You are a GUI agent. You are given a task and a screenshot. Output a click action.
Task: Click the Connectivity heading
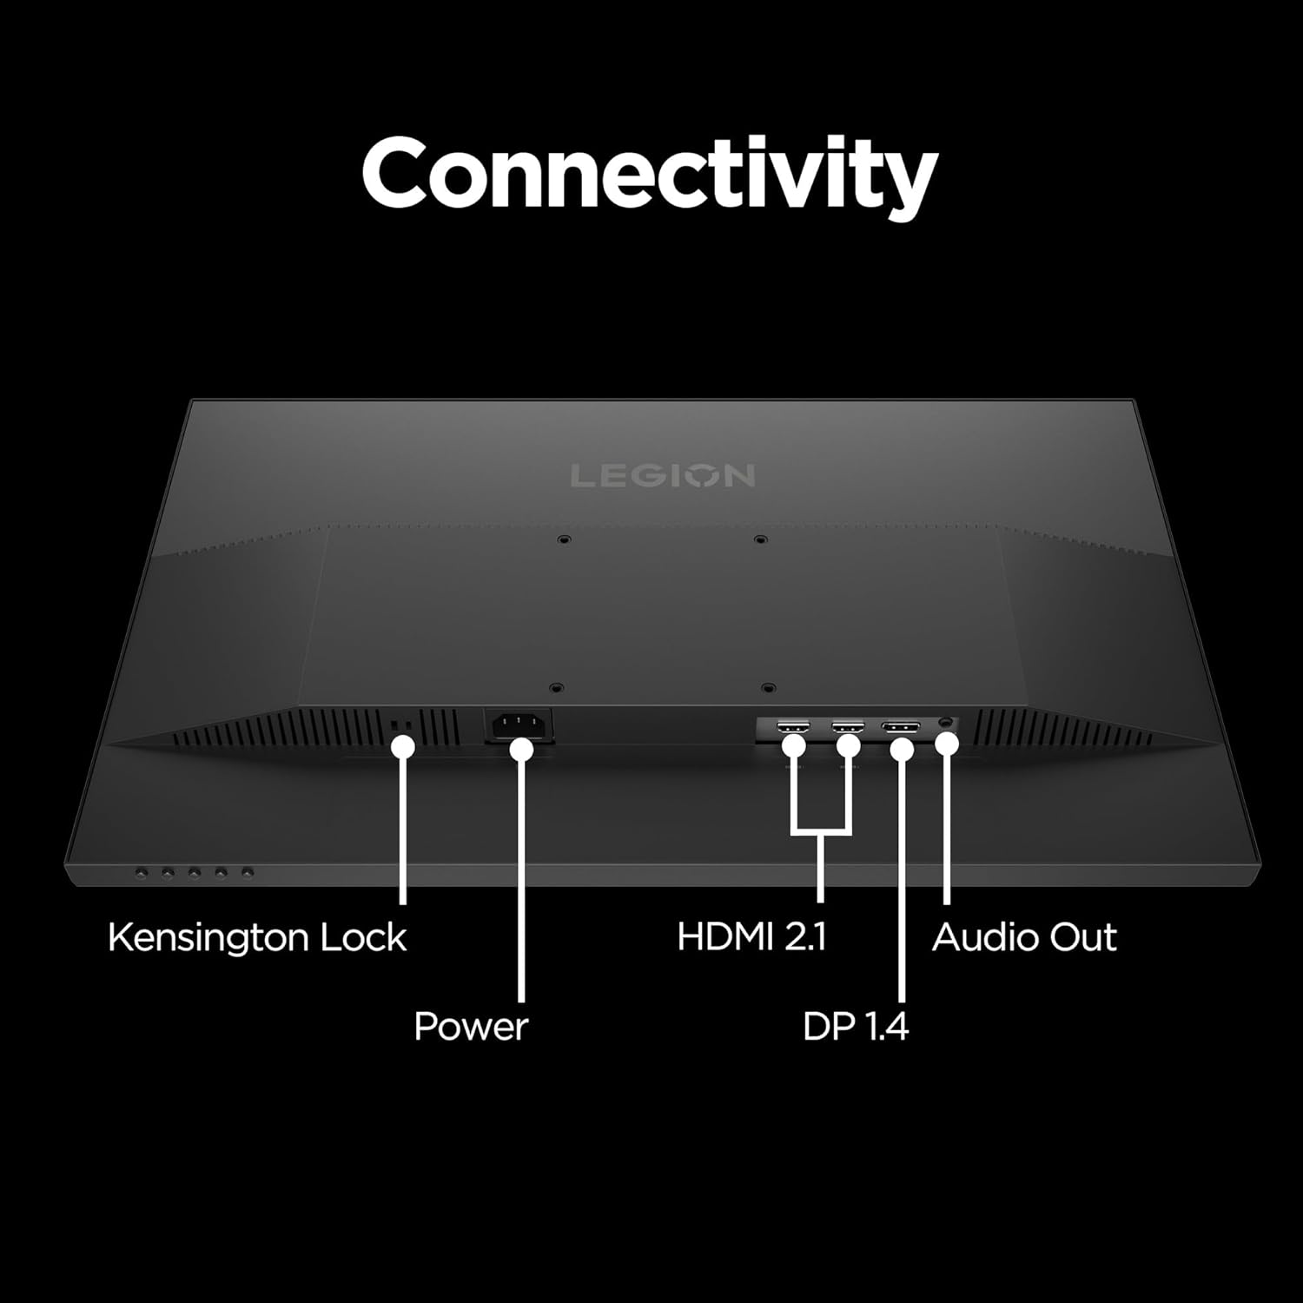[650, 174]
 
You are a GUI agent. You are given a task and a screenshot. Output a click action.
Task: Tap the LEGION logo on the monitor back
[662, 476]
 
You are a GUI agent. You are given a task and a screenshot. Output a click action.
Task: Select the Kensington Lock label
[257, 938]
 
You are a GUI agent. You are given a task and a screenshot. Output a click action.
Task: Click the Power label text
[471, 1027]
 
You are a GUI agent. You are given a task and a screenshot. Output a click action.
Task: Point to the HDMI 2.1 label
[752, 938]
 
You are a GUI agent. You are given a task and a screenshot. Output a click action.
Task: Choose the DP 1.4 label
[856, 1027]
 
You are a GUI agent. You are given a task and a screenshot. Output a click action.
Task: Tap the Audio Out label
[1024, 938]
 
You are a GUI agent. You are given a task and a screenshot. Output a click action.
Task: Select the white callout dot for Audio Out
[948, 744]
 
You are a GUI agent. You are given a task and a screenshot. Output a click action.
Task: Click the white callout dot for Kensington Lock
[402, 746]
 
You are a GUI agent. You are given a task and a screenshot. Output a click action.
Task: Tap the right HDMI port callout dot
[848, 744]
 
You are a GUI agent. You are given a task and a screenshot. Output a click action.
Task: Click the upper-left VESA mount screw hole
[565, 539]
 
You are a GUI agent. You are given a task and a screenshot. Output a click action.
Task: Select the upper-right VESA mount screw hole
[760, 539]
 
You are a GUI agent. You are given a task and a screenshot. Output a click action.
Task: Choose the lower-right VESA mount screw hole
[766, 688]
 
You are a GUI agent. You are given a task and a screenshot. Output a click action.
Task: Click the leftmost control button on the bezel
[142, 871]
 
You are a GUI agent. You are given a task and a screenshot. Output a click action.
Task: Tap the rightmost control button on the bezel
[248, 871]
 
